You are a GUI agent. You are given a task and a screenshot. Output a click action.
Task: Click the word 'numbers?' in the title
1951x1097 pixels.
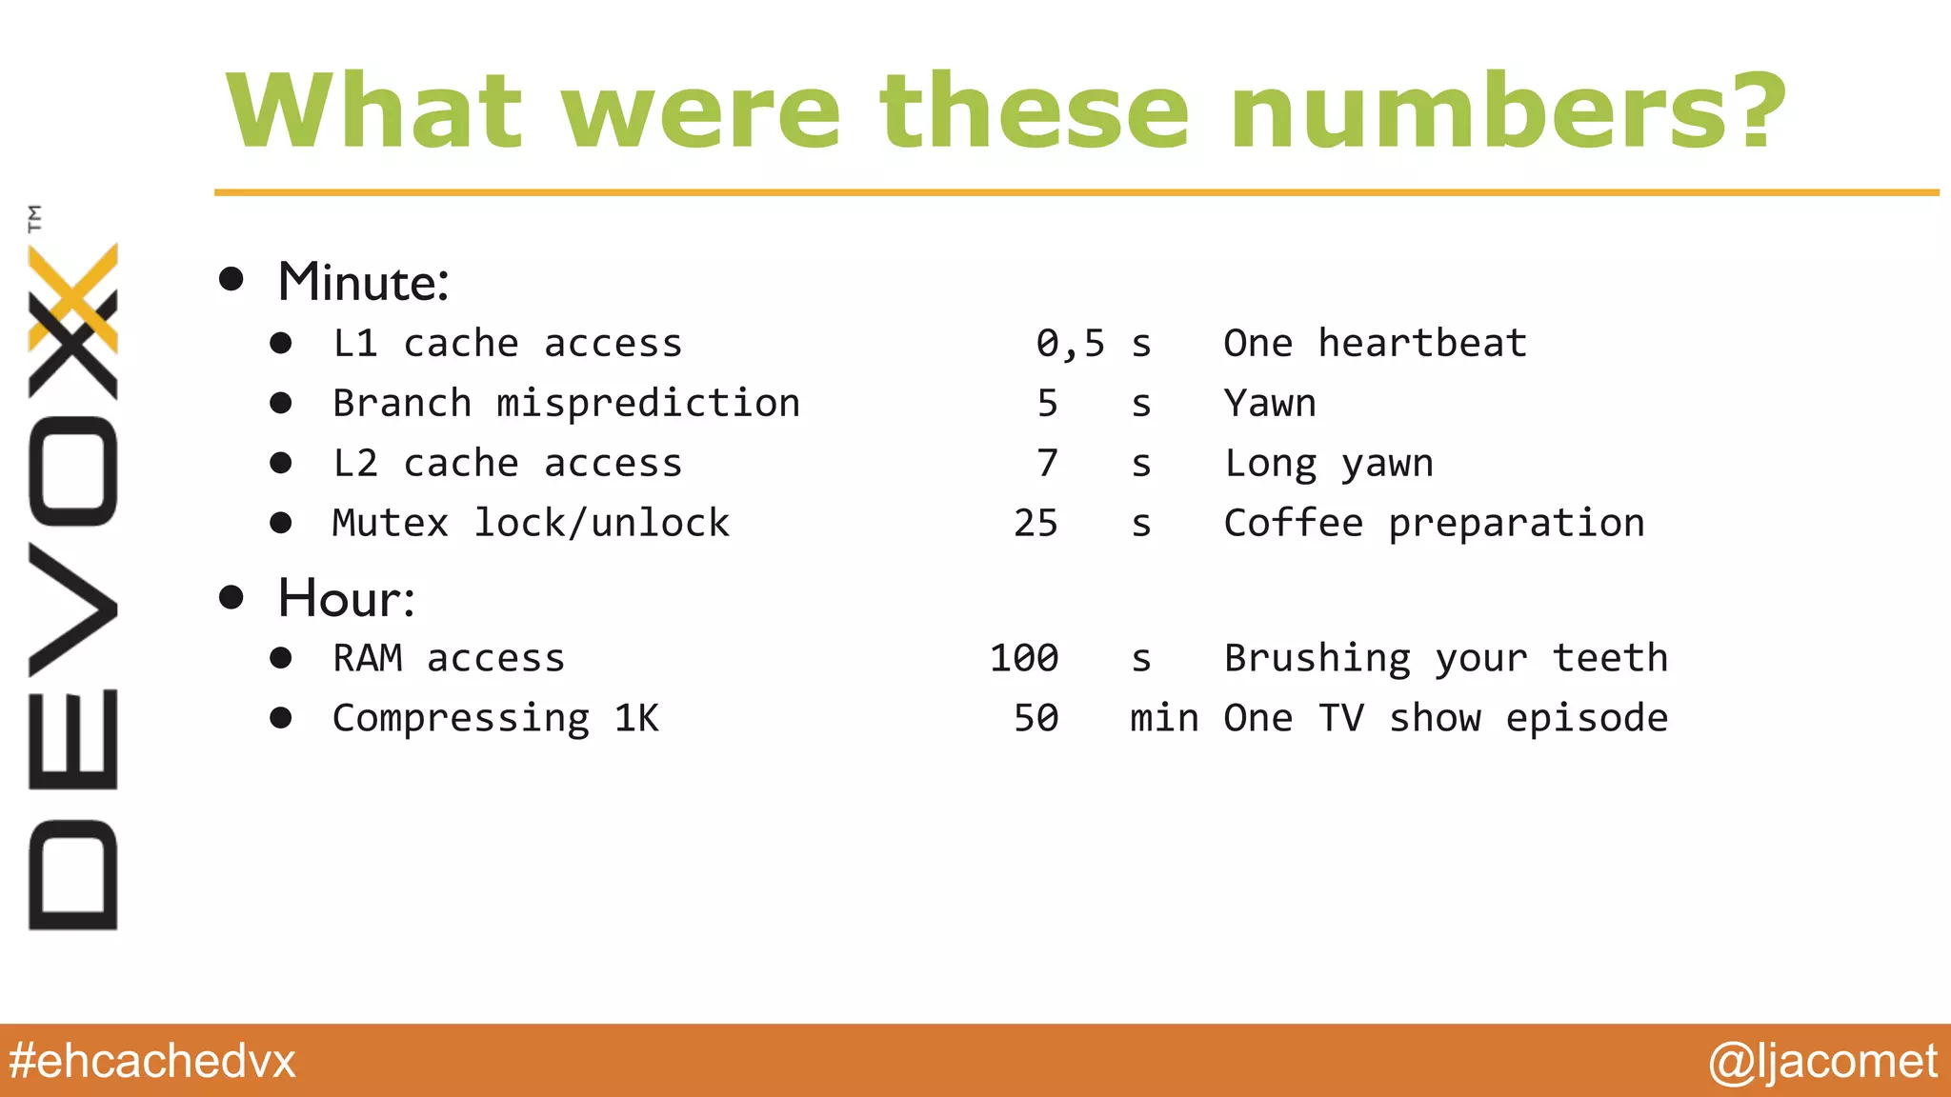(x=1507, y=112)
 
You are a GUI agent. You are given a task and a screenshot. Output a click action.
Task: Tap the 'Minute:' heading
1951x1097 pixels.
(x=363, y=283)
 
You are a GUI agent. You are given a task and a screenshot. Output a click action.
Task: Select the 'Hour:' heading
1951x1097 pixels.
(x=346, y=599)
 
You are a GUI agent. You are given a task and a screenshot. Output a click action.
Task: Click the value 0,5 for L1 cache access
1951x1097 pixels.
(x=1070, y=344)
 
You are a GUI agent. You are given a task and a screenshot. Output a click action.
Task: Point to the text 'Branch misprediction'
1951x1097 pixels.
(x=566, y=404)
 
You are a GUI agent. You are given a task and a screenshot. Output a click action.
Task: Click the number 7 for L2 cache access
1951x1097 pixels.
(x=1047, y=464)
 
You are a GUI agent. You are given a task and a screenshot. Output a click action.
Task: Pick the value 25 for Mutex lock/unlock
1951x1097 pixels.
(x=1036, y=524)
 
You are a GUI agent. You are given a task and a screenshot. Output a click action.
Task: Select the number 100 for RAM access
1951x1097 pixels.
(x=1024, y=659)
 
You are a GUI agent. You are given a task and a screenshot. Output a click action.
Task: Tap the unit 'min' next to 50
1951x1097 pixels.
(x=1163, y=719)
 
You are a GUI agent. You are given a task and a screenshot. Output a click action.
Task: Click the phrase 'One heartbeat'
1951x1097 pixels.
(x=1375, y=344)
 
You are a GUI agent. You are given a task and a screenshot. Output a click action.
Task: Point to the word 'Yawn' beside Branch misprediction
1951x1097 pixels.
(x=1269, y=404)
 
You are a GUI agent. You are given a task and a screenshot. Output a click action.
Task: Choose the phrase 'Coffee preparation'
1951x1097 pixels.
(x=1434, y=524)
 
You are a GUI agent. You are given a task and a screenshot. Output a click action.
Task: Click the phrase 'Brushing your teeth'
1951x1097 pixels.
(x=1445, y=659)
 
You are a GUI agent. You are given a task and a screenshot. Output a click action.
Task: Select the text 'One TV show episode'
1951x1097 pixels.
(x=1445, y=719)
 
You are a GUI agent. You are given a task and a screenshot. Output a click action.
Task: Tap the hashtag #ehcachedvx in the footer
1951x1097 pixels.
(x=152, y=1061)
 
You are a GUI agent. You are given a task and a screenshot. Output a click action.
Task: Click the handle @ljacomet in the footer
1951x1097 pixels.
(x=1822, y=1061)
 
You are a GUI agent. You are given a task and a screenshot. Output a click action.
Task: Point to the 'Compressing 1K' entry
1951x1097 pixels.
(x=494, y=719)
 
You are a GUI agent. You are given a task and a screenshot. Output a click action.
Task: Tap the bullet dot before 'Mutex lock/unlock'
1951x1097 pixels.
(x=280, y=523)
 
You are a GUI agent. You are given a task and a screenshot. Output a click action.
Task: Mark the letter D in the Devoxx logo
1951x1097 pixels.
(x=72, y=874)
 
